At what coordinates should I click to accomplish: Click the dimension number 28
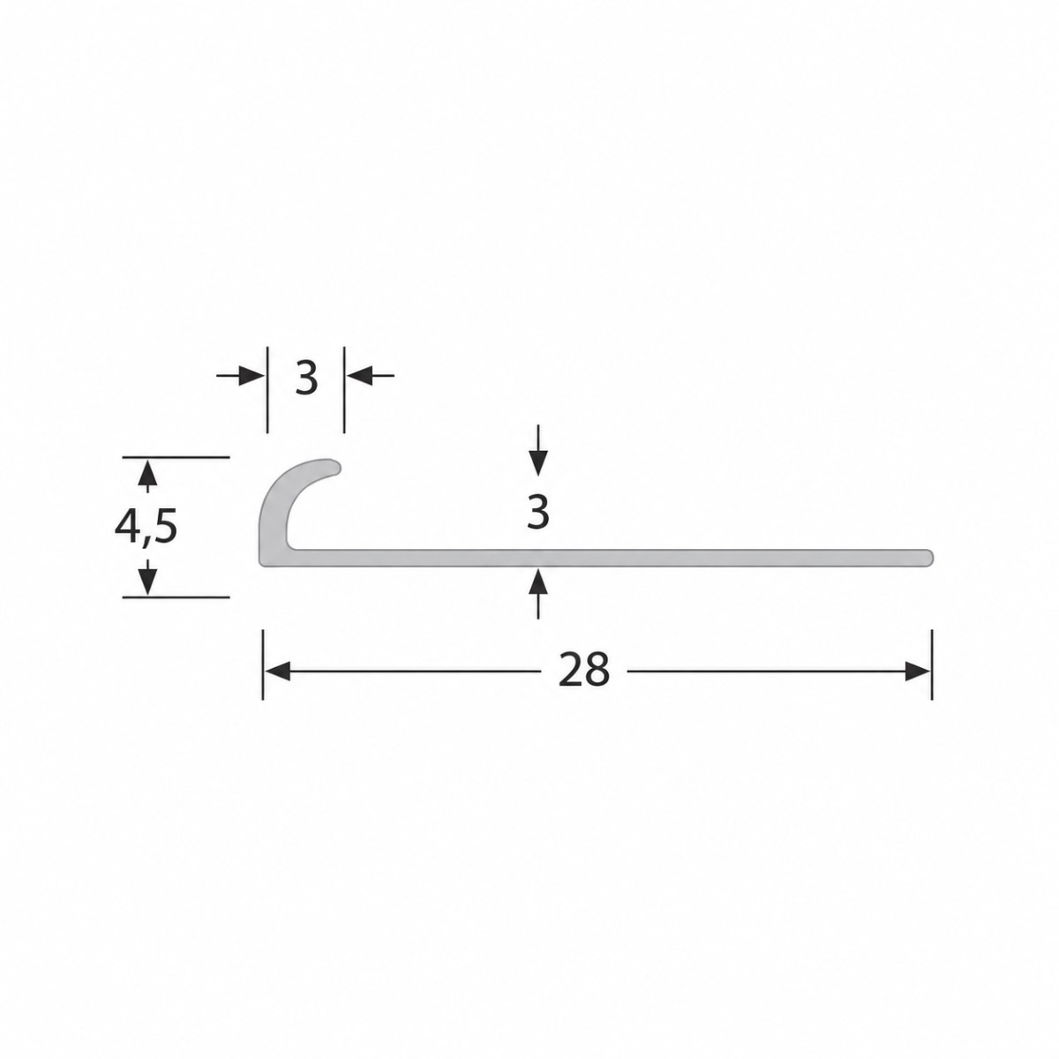(x=583, y=669)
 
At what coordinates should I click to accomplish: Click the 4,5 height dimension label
(x=146, y=528)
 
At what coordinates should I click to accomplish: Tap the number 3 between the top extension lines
(x=306, y=378)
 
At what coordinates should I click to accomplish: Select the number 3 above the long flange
(x=537, y=512)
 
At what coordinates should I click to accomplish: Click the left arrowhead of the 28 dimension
(x=277, y=671)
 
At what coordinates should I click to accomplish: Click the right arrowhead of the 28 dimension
(x=917, y=671)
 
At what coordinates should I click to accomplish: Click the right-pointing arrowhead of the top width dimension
(x=252, y=376)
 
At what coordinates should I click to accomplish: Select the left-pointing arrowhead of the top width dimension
(x=359, y=376)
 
